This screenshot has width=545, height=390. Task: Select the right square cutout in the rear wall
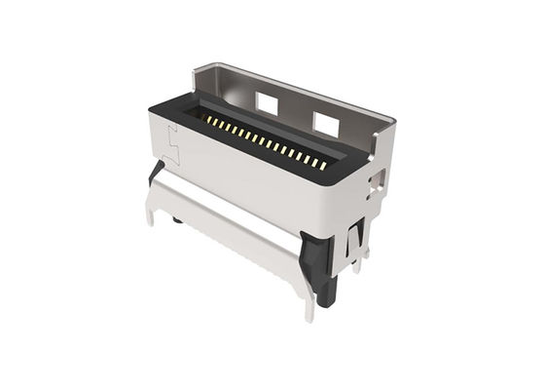coord(324,120)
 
